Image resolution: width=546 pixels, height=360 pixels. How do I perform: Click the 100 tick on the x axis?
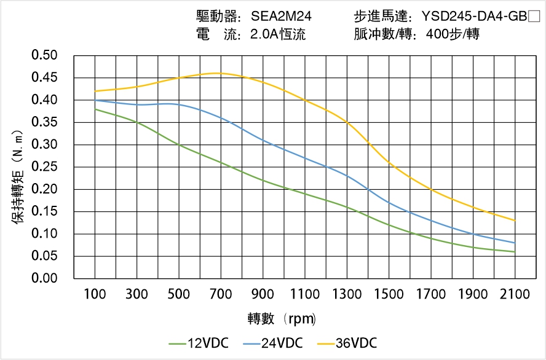pos(95,294)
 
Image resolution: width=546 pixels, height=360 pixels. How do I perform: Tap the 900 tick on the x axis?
pos(263,294)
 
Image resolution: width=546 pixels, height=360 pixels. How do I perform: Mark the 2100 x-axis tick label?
pos(515,294)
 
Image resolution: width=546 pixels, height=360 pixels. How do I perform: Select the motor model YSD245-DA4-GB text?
pos(472,16)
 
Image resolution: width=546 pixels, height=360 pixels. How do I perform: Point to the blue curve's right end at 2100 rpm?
pos(515,243)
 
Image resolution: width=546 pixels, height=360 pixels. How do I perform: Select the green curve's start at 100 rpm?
pos(95,109)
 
